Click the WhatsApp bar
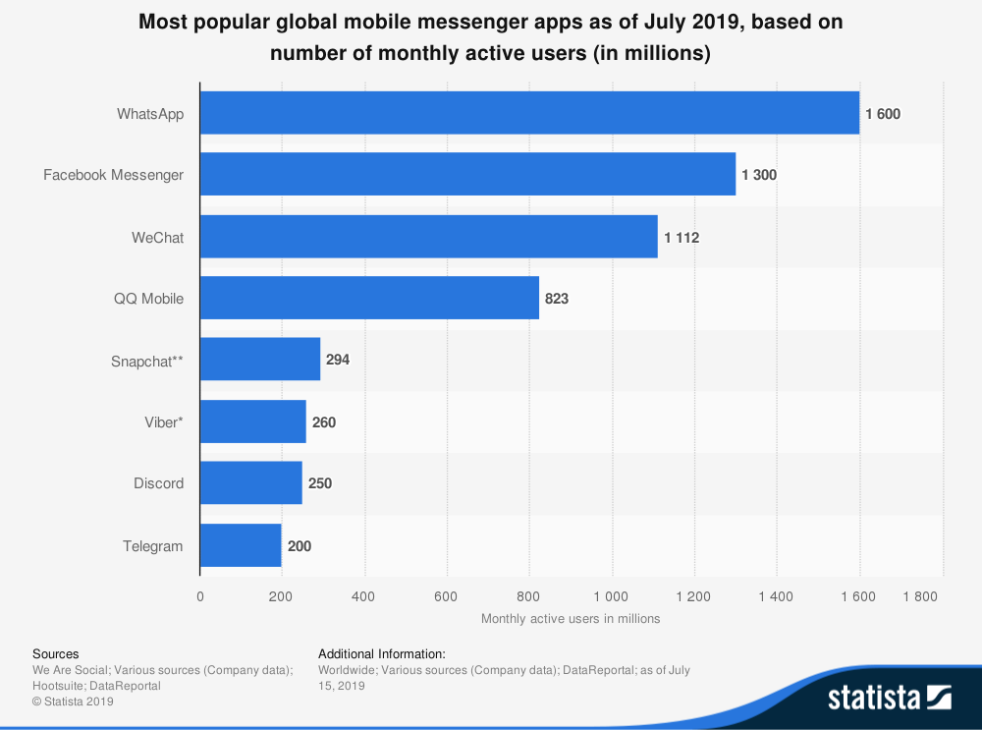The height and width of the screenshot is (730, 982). tap(529, 113)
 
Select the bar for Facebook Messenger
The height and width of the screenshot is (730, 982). tap(467, 174)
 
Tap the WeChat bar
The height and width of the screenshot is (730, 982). tap(429, 237)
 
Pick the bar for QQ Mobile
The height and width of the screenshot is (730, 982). tap(369, 298)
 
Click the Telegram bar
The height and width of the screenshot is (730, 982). tap(241, 545)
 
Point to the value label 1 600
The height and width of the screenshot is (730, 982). tap(883, 114)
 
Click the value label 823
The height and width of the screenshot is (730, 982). tap(557, 299)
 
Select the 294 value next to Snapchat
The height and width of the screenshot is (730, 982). tap(338, 360)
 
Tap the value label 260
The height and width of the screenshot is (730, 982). tap(324, 422)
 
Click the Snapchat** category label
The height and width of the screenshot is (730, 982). tap(147, 361)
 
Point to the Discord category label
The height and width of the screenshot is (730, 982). tap(158, 483)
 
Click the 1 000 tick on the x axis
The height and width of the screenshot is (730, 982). tap(612, 595)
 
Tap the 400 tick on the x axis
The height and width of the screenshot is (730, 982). tap(364, 595)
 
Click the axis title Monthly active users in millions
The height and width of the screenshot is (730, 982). tap(571, 619)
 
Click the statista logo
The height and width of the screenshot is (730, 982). tap(889, 698)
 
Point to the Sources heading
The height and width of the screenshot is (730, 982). tap(56, 653)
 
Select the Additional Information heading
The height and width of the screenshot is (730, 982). tap(382, 653)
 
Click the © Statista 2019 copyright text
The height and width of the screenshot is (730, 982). tap(74, 702)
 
